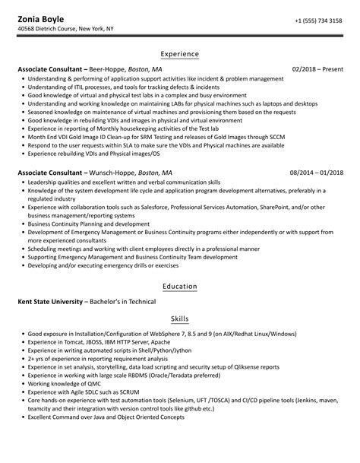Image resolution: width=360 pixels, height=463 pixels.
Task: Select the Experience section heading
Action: pos(180,54)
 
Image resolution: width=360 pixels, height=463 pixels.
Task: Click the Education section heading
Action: pos(180,287)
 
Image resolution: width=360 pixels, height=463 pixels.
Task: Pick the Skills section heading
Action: pos(180,319)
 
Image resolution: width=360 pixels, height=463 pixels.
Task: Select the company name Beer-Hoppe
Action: pos(106,69)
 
